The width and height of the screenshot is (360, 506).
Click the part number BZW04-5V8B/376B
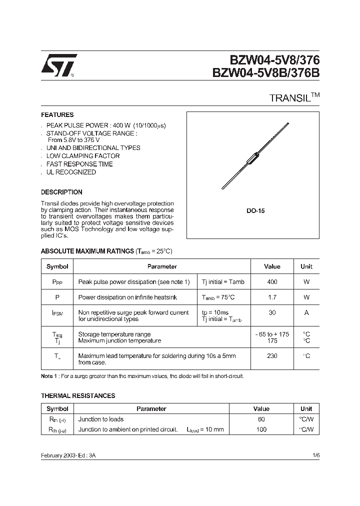(x=265, y=73)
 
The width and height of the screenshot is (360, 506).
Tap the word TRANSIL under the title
(x=290, y=98)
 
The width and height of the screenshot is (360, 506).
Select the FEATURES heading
(x=57, y=114)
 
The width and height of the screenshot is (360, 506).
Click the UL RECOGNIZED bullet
(x=71, y=172)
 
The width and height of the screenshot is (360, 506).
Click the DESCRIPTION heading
(x=61, y=192)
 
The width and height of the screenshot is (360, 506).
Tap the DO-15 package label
(x=255, y=211)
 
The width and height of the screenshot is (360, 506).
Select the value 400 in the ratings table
(x=272, y=282)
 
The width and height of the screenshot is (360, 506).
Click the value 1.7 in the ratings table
(x=272, y=297)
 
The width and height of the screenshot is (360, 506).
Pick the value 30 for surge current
(x=272, y=312)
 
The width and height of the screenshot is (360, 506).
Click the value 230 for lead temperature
(x=272, y=356)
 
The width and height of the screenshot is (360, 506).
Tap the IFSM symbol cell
(x=57, y=313)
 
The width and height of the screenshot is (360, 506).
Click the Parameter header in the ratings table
(x=162, y=266)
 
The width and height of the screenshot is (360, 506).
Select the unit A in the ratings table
(x=306, y=312)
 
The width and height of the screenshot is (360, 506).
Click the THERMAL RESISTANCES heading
(x=77, y=395)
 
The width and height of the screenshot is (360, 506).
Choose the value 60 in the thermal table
(x=261, y=419)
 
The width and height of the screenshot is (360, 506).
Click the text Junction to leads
(x=101, y=419)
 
